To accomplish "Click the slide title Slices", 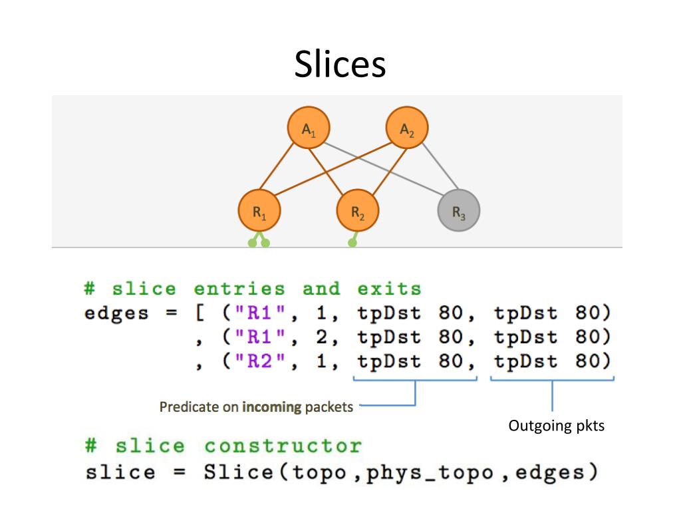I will click(x=340, y=65).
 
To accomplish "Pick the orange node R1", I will click(x=259, y=212).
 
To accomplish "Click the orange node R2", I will click(x=358, y=212).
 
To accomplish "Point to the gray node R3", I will click(x=458, y=212).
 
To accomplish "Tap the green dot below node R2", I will click(x=352, y=243).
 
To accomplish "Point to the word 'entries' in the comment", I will click(x=239, y=289).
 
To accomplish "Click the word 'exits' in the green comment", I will click(x=389, y=289).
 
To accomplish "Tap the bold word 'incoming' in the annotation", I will click(x=272, y=407).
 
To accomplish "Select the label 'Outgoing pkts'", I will click(x=557, y=426).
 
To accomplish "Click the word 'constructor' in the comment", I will click(x=283, y=445).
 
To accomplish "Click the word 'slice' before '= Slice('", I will click(x=120, y=473).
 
